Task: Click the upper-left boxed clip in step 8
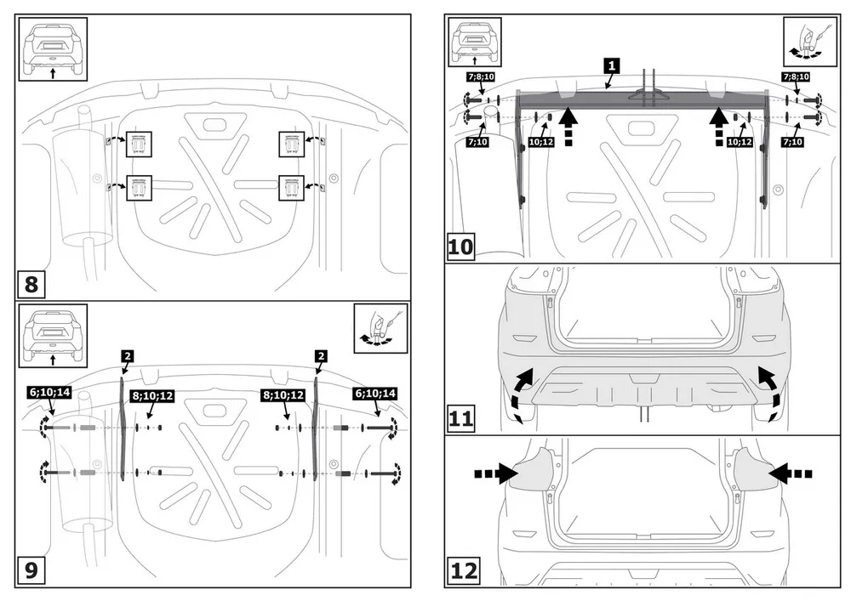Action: point(139,145)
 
